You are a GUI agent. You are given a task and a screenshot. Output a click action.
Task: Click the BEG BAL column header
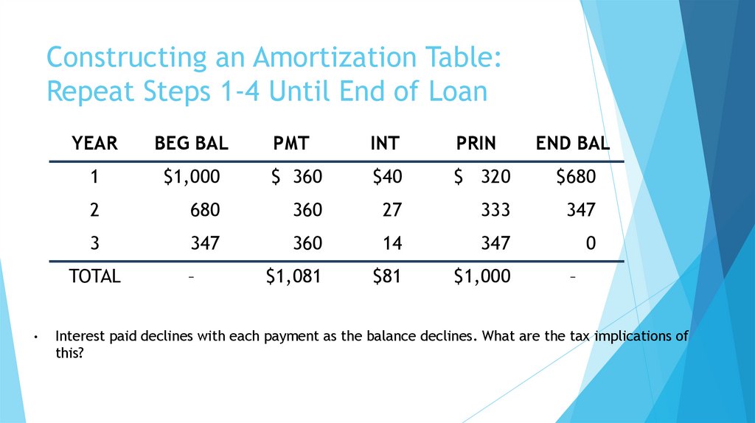pyautogui.click(x=191, y=144)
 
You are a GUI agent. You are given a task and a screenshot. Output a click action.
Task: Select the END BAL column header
pyautogui.click(x=572, y=144)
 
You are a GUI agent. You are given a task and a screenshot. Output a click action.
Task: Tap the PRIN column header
pyautogui.click(x=476, y=144)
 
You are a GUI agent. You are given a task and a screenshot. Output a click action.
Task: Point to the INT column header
pyautogui.click(x=384, y=144)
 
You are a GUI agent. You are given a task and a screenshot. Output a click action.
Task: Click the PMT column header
pyautogui.click(x=290, y=144)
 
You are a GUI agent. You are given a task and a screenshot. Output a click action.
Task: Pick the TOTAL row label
pyautogui.click(x=94, y=276)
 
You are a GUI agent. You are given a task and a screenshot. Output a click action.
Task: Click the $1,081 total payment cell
pyautogui.click(x=293, y=276)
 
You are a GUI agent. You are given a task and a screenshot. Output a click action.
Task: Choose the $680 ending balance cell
pyautogui.click(x=575, y=177)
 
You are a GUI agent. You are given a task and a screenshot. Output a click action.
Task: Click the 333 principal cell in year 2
pyautogui.click(x=495, y=210)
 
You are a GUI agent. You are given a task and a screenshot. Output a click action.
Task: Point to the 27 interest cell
pyautogui.click(x=392, y=210)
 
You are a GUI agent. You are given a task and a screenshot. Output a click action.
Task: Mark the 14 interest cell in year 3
pyautogui.click(x=392, y=243)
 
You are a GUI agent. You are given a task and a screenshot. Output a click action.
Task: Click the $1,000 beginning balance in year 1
pyautogui.click(x=192, y=177)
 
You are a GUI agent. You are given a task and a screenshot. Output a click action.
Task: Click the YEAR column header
pyautogui.click(x=94, y=144)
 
